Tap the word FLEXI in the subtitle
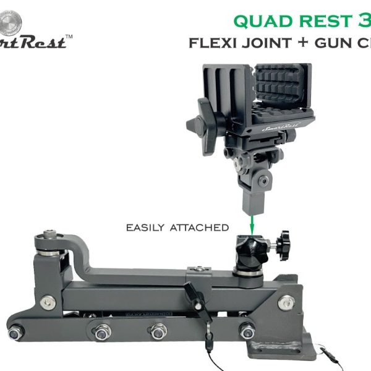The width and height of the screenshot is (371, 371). (x=213, y=43)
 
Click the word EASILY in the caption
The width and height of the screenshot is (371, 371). (x=146, y=228)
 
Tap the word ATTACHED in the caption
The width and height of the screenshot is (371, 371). (x=199, y=228)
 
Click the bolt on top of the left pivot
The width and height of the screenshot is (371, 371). (x=51, y=236)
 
